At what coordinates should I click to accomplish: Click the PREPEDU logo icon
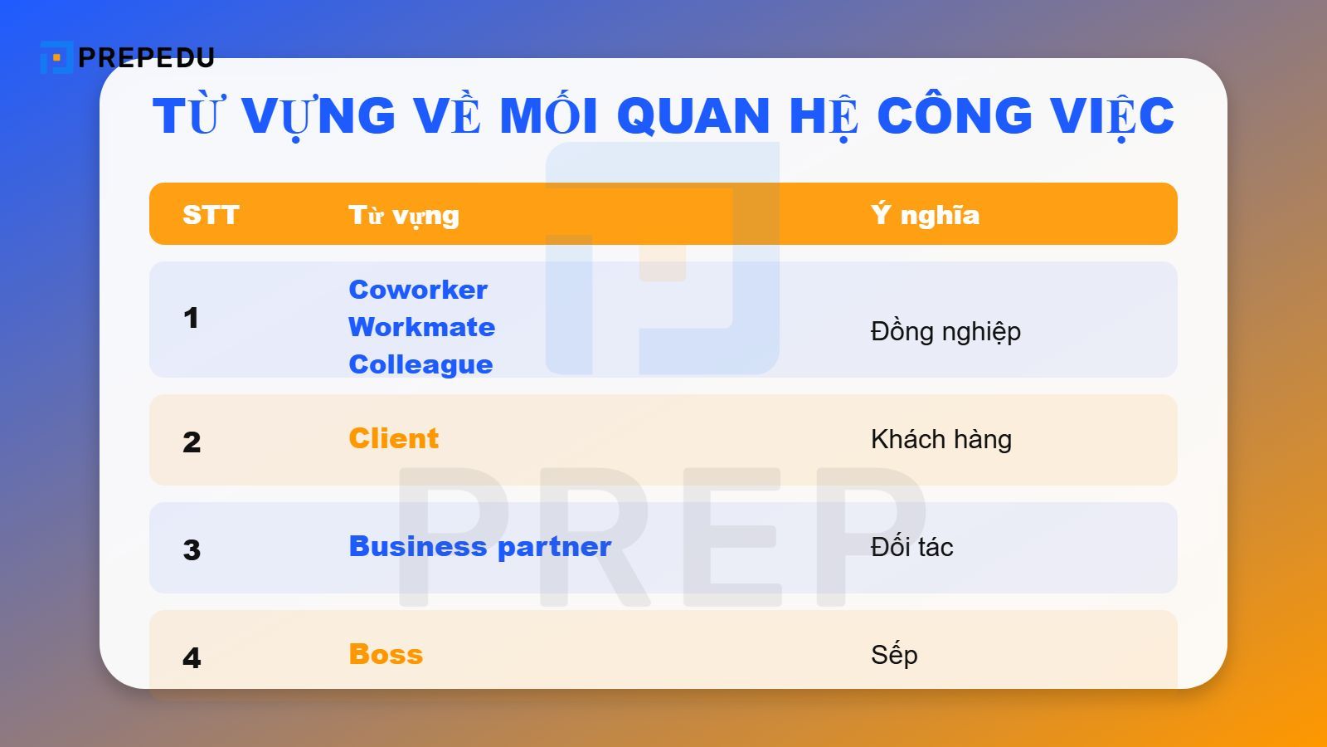click(x=56, y=57)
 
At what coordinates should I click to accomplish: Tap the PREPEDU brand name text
click(x=146, y=57)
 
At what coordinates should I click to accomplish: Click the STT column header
click(x=211, y=215)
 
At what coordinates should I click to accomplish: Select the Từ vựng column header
click(x=403, y=216)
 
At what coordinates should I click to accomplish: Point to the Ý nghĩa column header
click(x=925, y=215)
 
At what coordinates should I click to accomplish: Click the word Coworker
click(x=418, y=290)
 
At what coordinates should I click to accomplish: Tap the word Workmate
click(x=421, y=327)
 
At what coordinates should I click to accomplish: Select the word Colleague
click(x=420, y=364)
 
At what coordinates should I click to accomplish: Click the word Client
click(x=393, y=438)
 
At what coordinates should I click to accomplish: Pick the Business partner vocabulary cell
click(x=479, y=546)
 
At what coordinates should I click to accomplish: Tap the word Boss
click(x=386, y=654)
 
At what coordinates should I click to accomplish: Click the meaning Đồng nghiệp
click(x=945, y=331)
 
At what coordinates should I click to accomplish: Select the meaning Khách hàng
click(x=941, y=439)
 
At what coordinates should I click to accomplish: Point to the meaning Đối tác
click(x=911, y=547)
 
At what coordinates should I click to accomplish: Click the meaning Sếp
click(x=894, y=655)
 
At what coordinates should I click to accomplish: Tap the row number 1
click(x=192, y=318)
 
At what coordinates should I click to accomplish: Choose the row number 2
click(x=192, y=442)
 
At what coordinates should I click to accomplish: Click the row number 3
click(x=192, y=549)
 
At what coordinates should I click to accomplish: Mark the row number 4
click(x=192, y=658)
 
